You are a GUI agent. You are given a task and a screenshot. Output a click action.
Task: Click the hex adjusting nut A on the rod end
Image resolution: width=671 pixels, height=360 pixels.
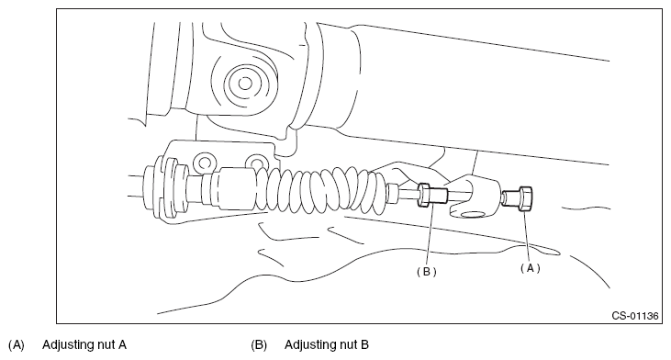525,198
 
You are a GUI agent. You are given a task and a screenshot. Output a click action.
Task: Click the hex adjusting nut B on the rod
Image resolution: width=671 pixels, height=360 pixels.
424,196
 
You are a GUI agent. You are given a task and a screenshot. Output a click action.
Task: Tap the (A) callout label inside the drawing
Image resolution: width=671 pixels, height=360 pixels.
531,268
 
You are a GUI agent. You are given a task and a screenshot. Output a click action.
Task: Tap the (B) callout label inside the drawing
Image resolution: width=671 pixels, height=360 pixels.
427,272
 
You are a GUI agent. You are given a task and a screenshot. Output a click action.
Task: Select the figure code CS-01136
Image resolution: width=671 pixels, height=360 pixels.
634,316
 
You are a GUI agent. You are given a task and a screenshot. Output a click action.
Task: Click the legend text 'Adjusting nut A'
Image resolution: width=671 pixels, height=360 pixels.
84,344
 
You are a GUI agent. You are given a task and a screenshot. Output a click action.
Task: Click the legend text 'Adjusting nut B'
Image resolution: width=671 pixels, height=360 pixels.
327,344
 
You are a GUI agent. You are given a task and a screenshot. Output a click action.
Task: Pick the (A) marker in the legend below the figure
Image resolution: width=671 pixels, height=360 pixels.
17,345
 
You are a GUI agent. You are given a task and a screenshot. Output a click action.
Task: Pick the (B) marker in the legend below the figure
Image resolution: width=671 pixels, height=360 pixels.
259,345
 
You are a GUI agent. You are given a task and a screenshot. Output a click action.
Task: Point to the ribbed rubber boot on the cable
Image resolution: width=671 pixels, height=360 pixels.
321,189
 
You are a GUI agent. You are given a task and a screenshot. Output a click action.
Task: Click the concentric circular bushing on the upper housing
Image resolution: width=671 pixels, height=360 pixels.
245,83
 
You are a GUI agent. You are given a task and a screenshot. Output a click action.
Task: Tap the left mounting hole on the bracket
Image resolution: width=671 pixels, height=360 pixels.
205,163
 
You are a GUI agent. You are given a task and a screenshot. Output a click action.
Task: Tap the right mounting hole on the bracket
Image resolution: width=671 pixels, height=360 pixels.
257,163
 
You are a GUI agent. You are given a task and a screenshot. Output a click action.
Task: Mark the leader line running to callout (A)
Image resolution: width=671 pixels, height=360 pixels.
527,236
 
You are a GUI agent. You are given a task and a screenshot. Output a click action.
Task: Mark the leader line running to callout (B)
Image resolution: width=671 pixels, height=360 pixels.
429,235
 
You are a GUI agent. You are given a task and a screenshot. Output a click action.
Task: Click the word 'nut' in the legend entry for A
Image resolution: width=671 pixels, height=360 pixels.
107,344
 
